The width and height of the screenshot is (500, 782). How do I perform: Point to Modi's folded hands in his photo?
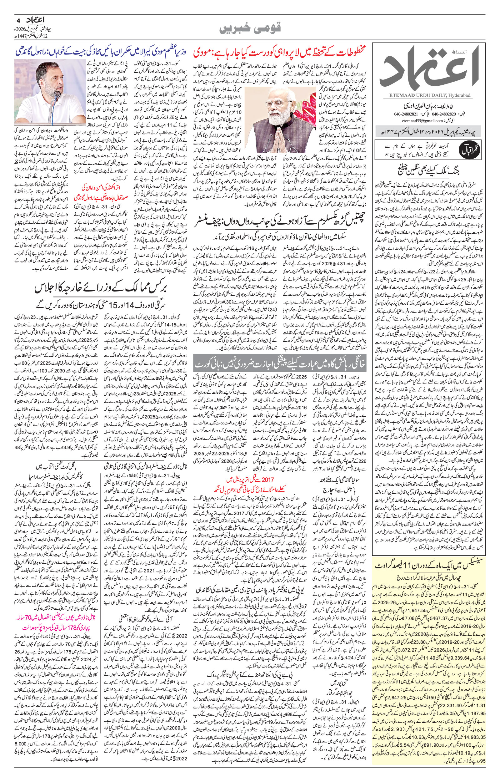272,132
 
